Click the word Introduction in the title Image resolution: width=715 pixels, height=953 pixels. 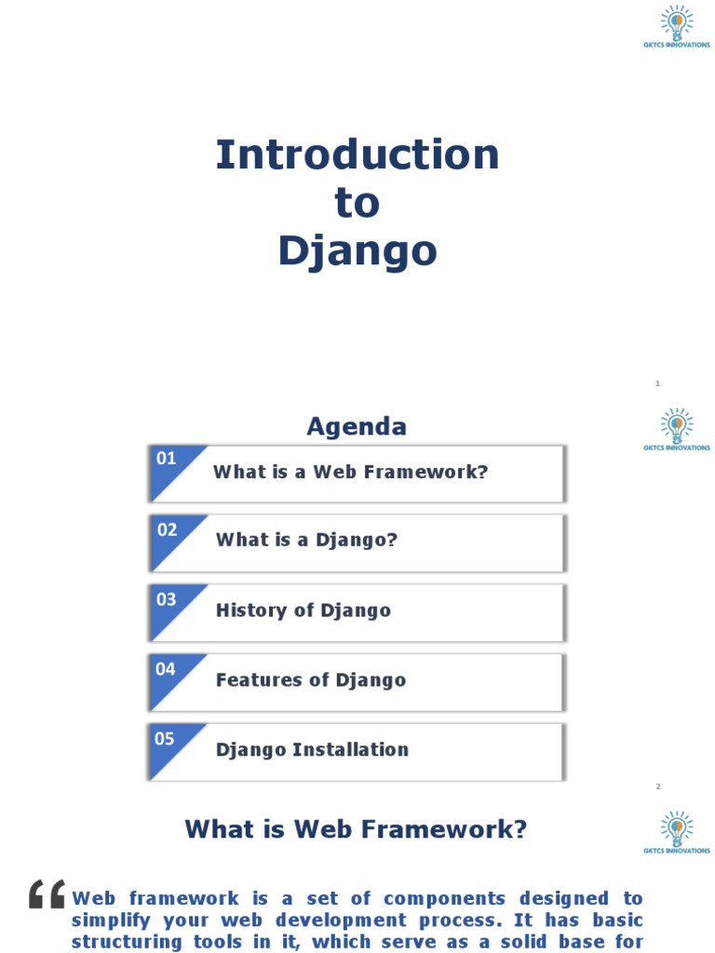click(357, 154)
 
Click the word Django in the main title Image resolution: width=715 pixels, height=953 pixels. click(357, 250)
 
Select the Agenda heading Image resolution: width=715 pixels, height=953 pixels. click(357, 426)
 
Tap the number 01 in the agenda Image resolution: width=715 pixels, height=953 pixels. click(166, 458)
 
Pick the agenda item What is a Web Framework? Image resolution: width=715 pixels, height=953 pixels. click(350, 472)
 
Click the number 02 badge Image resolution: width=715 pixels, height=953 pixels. click(167, 530)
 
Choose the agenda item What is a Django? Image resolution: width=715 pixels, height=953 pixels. click(306, 540)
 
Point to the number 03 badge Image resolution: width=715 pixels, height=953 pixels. click(166, 599)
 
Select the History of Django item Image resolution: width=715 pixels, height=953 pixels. click(303, 611)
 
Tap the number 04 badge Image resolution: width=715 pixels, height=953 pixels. click(166, 668)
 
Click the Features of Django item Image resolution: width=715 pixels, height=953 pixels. click(311, 680)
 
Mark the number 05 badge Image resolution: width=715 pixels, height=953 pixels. click(165, 739)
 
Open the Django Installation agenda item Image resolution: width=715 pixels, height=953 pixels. click(312, 750)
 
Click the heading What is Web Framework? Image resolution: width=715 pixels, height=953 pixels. click(356, 829)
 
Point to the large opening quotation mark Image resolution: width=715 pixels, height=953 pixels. click(47, 894)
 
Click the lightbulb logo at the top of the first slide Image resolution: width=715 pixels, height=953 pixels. click(677, 22)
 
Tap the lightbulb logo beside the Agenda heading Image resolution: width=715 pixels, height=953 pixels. click(677, 425)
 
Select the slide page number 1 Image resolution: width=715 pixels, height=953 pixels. click(657, 383)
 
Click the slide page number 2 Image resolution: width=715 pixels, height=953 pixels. click(657, 786)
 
